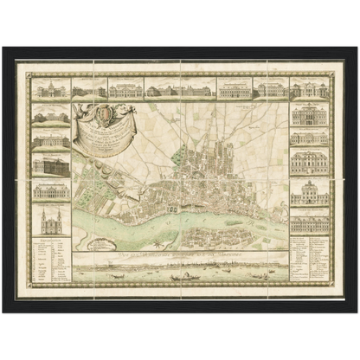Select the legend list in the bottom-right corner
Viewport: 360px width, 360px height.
tap(309, 260)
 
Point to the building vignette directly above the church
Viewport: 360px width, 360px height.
tap(50, 190)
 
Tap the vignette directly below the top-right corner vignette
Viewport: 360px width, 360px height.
tap(309, 113)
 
